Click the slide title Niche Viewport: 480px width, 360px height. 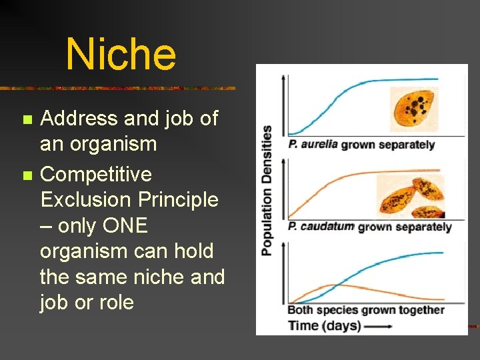(121, 54)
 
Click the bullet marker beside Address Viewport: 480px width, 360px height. (27, 120)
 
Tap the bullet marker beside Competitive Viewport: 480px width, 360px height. (27, 176)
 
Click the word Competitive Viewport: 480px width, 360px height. (96, 175)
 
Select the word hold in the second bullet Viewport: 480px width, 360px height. (194, 251)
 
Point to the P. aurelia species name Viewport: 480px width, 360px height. (313, 145)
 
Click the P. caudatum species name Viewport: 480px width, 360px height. (321, 227)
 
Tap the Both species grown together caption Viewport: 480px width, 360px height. (365, 310)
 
